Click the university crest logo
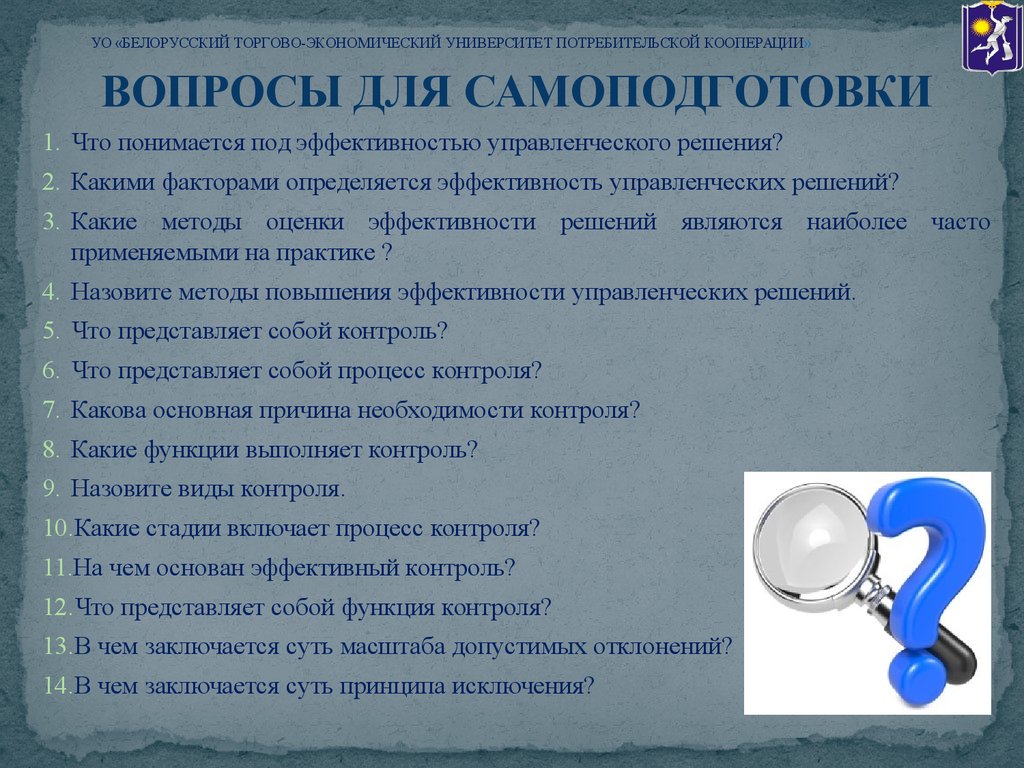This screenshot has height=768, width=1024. [x=992, y=37]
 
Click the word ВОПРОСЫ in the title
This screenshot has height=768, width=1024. [x=222, y=91]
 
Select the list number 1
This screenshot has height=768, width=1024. [x=51, y=142]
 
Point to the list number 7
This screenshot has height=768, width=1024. [x=51, y=410]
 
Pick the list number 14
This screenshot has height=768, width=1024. [x=56, y=686]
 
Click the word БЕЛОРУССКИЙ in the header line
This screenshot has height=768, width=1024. [x=176, y=43]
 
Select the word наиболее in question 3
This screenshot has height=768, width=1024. [x=857, y=222]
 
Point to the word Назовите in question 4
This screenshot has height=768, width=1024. [x=121, y=292]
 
